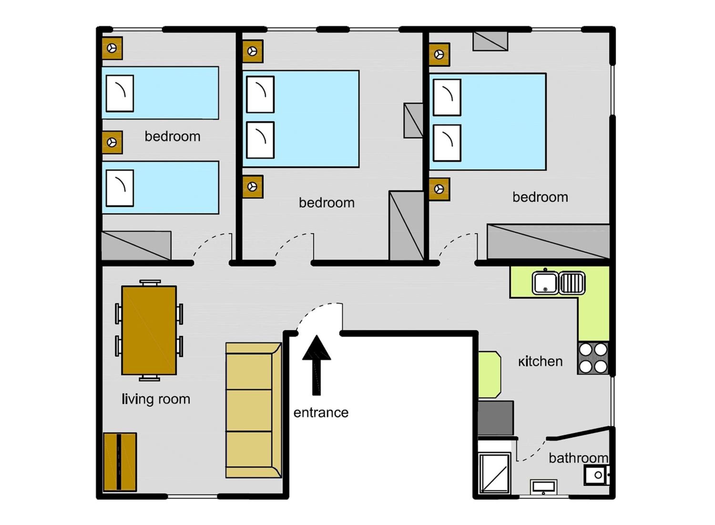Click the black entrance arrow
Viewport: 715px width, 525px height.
316,365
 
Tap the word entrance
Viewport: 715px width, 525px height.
321,413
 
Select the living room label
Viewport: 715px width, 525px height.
156,399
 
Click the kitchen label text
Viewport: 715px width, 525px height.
540,361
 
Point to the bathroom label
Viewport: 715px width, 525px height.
578,458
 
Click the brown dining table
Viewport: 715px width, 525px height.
149,330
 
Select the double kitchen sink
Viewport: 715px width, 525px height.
559,283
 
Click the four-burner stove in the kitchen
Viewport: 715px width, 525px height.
593,358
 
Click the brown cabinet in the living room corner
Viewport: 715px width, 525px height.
120,462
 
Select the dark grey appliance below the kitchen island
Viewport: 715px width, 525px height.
495,418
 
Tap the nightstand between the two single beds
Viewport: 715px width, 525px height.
112,142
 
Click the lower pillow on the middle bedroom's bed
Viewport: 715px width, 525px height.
260,140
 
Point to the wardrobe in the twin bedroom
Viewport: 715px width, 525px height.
136,245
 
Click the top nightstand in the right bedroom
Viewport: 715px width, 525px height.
439,55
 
